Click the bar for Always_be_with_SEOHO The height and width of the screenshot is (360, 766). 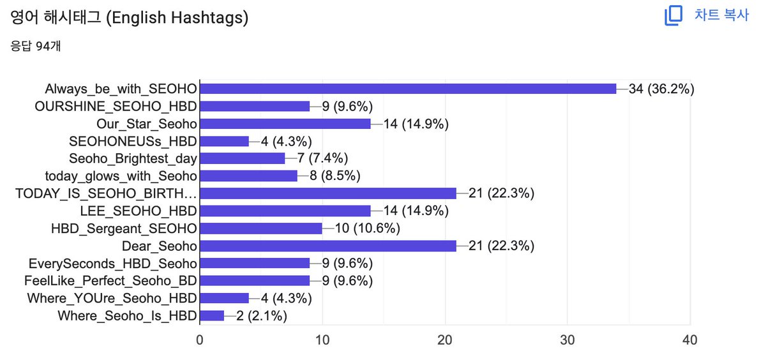(x=408, y=89)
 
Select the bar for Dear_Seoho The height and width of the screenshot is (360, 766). (x=328, y=246)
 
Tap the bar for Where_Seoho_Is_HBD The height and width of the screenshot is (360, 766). (x=212, y=315)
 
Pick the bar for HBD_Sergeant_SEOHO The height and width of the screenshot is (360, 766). (x=261, y=229)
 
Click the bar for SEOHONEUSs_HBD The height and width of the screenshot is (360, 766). (x=224, y=141)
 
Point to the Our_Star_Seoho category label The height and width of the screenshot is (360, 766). (x=147, y=124)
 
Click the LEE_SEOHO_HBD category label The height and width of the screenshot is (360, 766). (x=139, y=211)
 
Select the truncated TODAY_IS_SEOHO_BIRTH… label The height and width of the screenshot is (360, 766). (x=106, y=193)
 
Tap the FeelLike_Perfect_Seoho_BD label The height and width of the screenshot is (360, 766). (x=110, y=281)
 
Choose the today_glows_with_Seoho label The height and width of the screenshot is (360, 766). (x=121, y=176)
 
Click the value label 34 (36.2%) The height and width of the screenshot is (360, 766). (x=661, y=89)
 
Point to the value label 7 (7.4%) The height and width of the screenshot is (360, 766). (x=322, y=158)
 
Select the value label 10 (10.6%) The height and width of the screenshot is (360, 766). (x=367, y=229)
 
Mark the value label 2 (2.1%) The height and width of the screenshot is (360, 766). (x=262, y=315)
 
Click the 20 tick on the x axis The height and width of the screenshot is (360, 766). (x=445, y=340)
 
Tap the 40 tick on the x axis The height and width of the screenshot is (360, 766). (x=690, y=340)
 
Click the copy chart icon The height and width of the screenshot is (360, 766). (x=673, y=15)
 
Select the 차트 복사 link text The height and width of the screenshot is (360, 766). (x=721, y=15)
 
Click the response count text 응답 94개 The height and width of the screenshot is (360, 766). (x=36, y=46)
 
